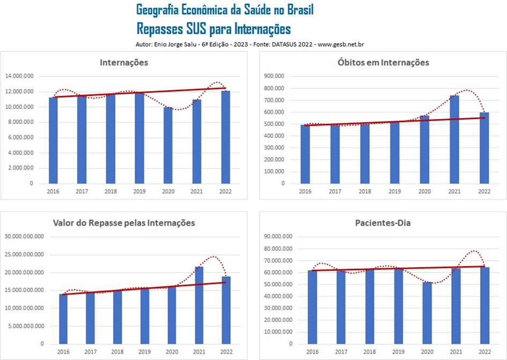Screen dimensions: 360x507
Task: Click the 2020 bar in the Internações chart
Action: coord(168,145)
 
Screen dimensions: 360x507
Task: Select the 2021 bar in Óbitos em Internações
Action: coord(454,139)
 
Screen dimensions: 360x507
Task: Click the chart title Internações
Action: coord(124,63)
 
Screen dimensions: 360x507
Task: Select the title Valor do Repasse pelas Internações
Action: coord(124,223)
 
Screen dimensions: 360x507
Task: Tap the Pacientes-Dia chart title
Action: coord(383,223)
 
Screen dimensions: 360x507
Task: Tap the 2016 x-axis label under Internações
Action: coord(53,191)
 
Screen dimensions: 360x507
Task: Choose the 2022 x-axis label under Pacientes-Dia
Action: coord(484,351)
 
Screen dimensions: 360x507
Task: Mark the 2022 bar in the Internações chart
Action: coord(226,137)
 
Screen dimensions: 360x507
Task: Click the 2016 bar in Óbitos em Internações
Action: coord(305,154)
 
